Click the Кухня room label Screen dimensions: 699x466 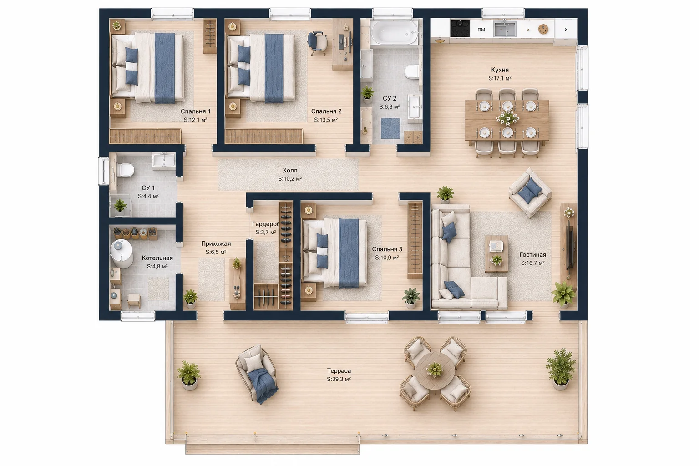click(500, 70)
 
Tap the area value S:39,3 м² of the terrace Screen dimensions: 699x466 click(339, 379)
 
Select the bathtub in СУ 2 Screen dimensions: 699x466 click(394, 32)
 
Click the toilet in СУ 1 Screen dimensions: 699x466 click(126, 170)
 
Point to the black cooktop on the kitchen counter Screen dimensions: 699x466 click(460, 28)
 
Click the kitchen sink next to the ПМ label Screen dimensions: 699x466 click(505, 29)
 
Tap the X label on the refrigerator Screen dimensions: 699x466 click(566, 30)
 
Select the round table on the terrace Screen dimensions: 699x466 click(435, 370)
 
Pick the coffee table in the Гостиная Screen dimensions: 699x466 click(496, 254)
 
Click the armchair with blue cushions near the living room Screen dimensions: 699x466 click(530, 192)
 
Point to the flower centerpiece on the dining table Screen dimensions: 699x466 click(508, 118)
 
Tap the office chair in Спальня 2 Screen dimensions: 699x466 click(317, 43)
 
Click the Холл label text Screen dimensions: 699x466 click(290, 170)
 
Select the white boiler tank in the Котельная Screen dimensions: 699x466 click(121, 254)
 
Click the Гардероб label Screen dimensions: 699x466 click(265, 224)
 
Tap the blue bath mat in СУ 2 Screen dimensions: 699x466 click(390, 128)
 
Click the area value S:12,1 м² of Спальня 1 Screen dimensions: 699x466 click(195, 120)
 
